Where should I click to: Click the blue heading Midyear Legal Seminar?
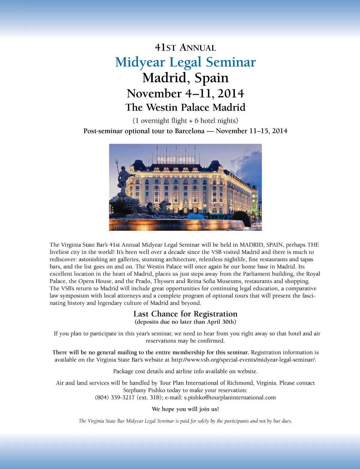pos(185,62)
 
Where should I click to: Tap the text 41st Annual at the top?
pos(185,48)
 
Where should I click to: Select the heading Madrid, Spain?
pos(185,78)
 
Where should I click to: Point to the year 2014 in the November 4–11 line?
pos(231,94)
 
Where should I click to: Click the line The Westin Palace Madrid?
pos(185,107)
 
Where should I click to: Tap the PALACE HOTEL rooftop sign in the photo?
pos(176,160)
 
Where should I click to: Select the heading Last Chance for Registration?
pos(185,314)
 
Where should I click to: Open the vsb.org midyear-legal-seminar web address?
pos(243,360)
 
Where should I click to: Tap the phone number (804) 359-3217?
pos(115,398)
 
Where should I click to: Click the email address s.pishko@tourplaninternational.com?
pos(230,398)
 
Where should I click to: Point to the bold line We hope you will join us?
pos(185,409)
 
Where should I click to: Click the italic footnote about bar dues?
pos(185,421)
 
